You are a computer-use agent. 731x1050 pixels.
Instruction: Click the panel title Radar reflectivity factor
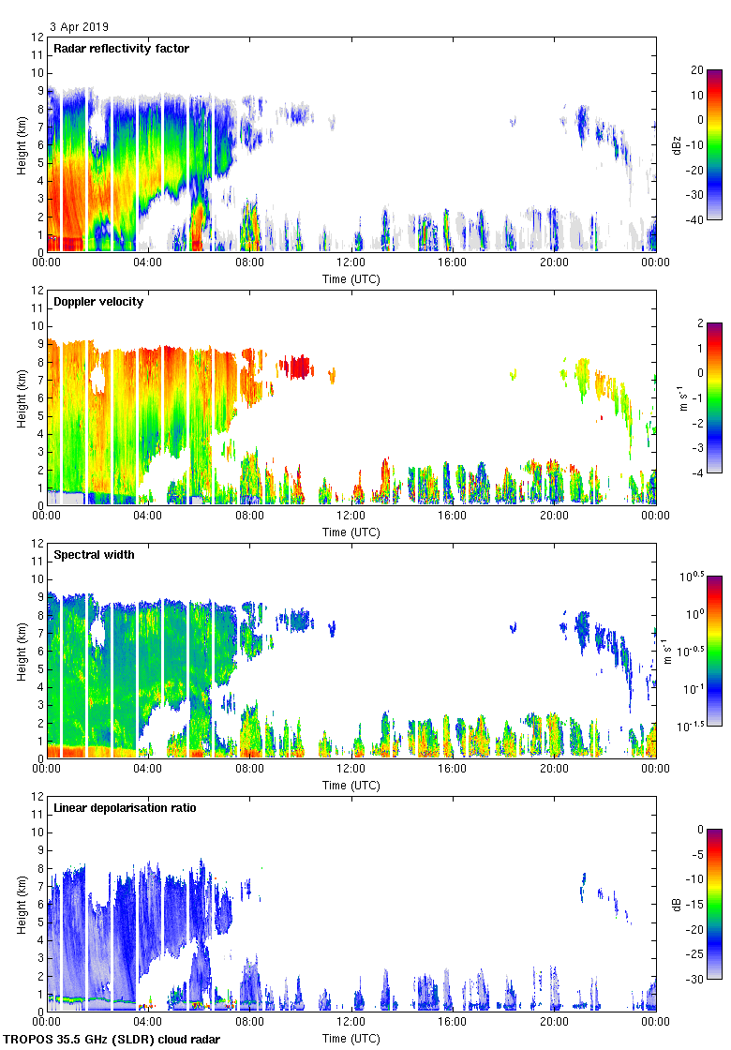click(x=122, y=49)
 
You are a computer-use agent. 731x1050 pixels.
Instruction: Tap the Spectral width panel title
click(x=94, y=555)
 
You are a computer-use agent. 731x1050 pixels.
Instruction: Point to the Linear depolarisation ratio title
click(x=125, y=808)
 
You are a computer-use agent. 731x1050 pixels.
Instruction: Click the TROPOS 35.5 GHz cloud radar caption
click(x=112, y=1040)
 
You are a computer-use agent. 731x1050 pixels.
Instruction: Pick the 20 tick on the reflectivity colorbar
click(x=698, y=70)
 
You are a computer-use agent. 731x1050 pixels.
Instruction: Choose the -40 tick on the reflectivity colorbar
click(x=698, y=219)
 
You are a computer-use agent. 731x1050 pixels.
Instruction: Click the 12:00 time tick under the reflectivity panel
click(x=351, y=262)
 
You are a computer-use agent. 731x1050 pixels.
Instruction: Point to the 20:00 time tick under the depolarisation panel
click(x=554, y=1021)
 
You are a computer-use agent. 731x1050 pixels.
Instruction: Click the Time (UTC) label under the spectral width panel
click(x=351, y=785)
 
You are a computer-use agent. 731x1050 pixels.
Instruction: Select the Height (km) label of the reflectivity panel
click(x=21, y=144)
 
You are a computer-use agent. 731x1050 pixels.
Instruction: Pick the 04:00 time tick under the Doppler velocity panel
click(x=148, y=515)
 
